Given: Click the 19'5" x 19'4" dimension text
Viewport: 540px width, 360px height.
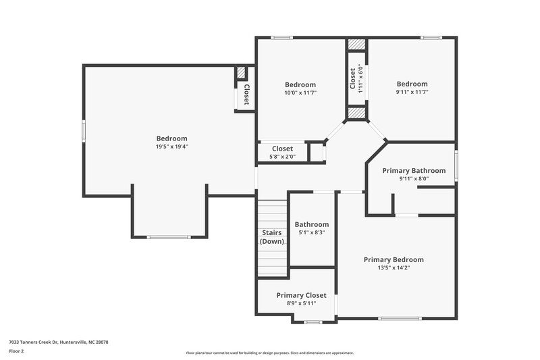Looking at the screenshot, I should tap(171, 147).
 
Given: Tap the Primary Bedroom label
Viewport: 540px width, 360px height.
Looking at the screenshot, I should tap(394, 259).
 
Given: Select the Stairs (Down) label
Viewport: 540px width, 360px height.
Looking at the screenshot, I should tap(272, 237).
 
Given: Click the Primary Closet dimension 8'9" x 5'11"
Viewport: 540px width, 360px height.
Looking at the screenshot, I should tap(301, 303).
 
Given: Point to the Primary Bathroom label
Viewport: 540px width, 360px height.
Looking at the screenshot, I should tap(414, 171).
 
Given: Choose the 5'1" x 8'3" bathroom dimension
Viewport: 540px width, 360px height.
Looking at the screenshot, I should tap(312, 232).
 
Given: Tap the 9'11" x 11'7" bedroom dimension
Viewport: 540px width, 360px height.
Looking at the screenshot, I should tap(412, 92).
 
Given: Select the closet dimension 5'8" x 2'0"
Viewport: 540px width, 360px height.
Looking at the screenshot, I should tap(282, 157).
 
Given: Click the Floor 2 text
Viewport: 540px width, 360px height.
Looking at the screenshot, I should tap(16, 352).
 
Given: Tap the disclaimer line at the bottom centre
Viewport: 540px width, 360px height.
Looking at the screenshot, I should tap(269, 353).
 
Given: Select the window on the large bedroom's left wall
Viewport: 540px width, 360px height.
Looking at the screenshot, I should tap(84, 130).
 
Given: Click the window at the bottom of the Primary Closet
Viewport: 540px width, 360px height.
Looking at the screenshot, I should tap(313, 322).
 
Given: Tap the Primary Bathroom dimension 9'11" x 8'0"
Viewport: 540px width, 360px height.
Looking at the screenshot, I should tap(414, 179).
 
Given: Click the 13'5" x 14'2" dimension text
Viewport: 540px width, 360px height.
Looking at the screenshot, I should tap(394, 267).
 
